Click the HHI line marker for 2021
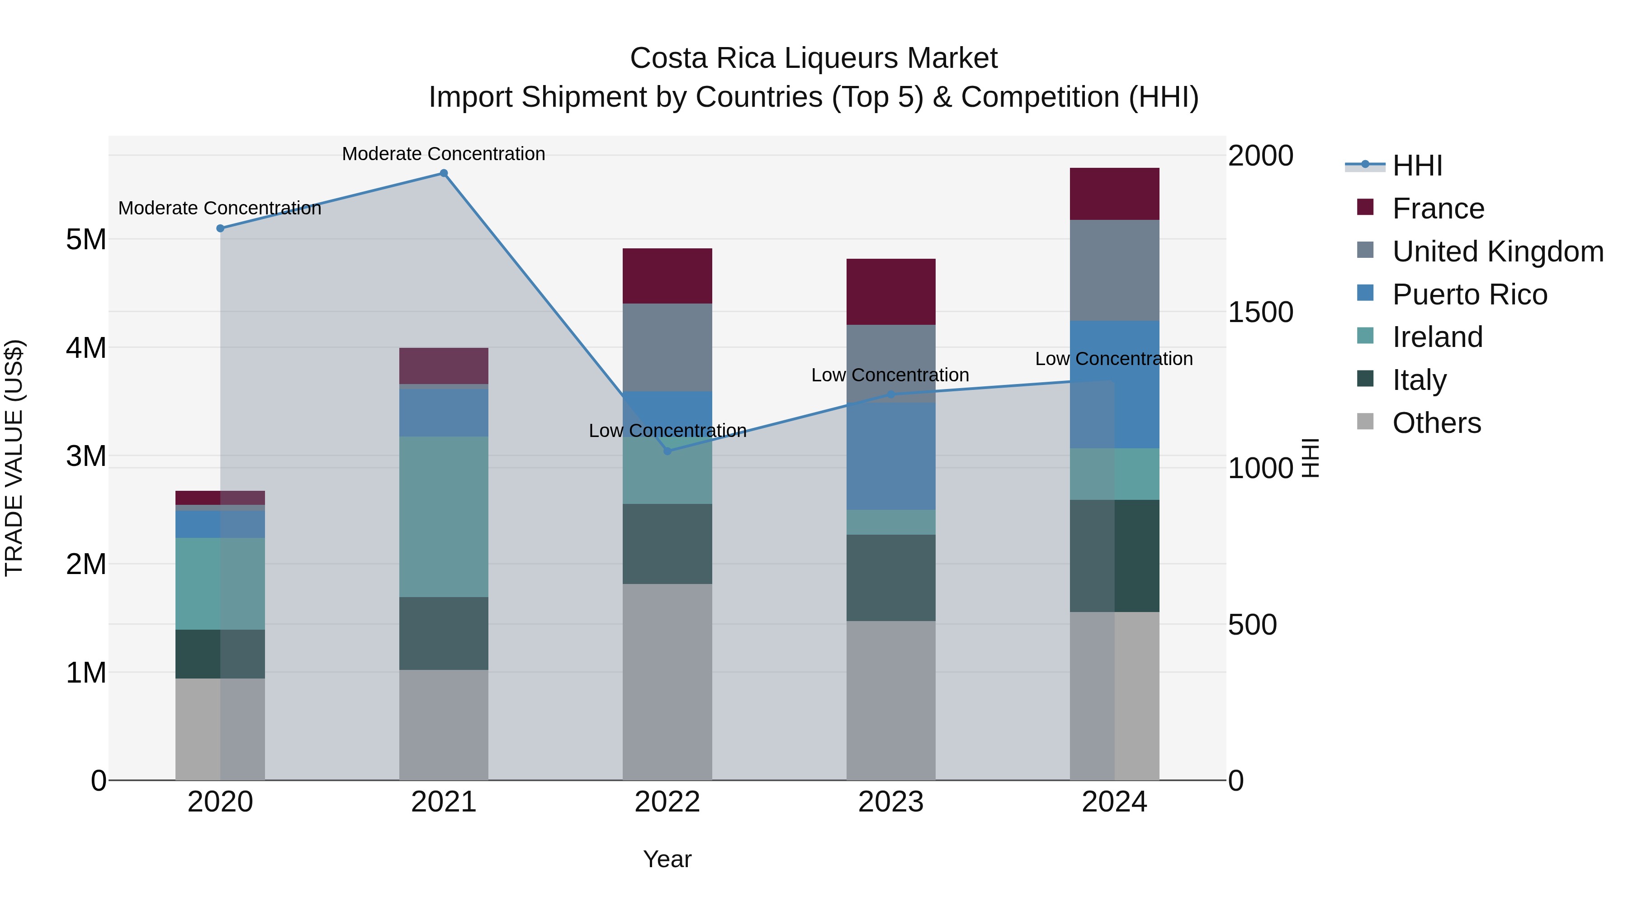click(444, 173)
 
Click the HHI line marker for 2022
click(667, 451)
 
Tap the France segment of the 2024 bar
click(1114, 194)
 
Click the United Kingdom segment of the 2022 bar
click(667, 347)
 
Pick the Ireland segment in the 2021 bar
click(444, 517)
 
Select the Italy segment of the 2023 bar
click(890, 577)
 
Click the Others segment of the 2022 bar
click(667, 682)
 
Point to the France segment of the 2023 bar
click(890, 291)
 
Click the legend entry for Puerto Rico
click(1469, 294)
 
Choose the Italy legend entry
click(1419, 380)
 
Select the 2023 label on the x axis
click(890, 802)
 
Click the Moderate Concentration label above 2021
click(444, 154)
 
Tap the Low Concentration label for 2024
click(1113, 358)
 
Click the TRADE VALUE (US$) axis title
click(14, 458)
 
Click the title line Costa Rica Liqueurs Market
click(814, 58)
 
